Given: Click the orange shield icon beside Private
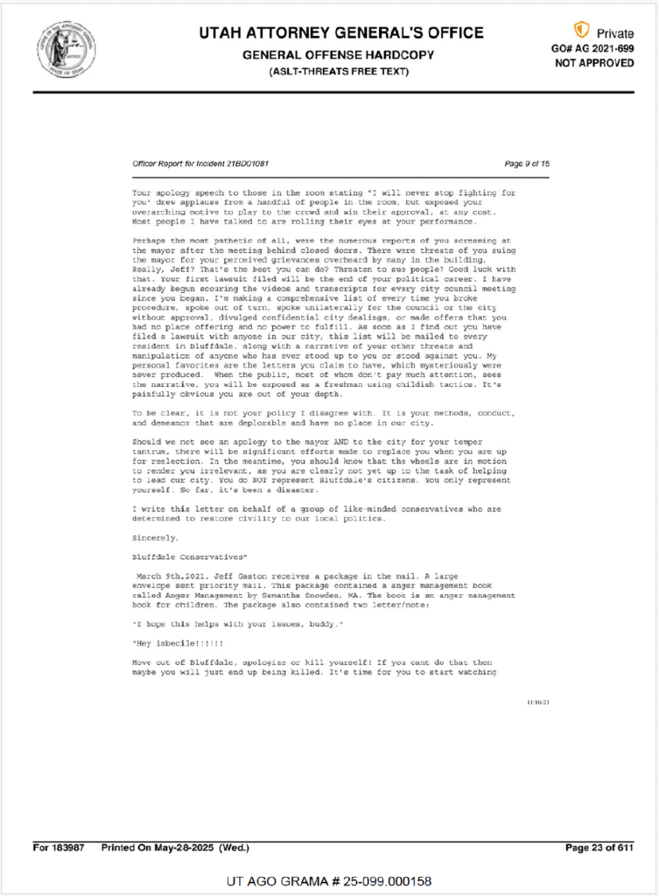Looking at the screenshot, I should click(x=581, y=31).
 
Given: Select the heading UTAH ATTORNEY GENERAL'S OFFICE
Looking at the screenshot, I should click(x=340, y=33).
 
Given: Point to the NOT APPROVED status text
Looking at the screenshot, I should click(x=595, y=63).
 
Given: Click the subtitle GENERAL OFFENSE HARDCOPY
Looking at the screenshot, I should click(x=340, y=54).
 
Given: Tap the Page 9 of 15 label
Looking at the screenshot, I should click(x=527, y=164).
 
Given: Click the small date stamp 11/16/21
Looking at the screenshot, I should click(x=537, y=702).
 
